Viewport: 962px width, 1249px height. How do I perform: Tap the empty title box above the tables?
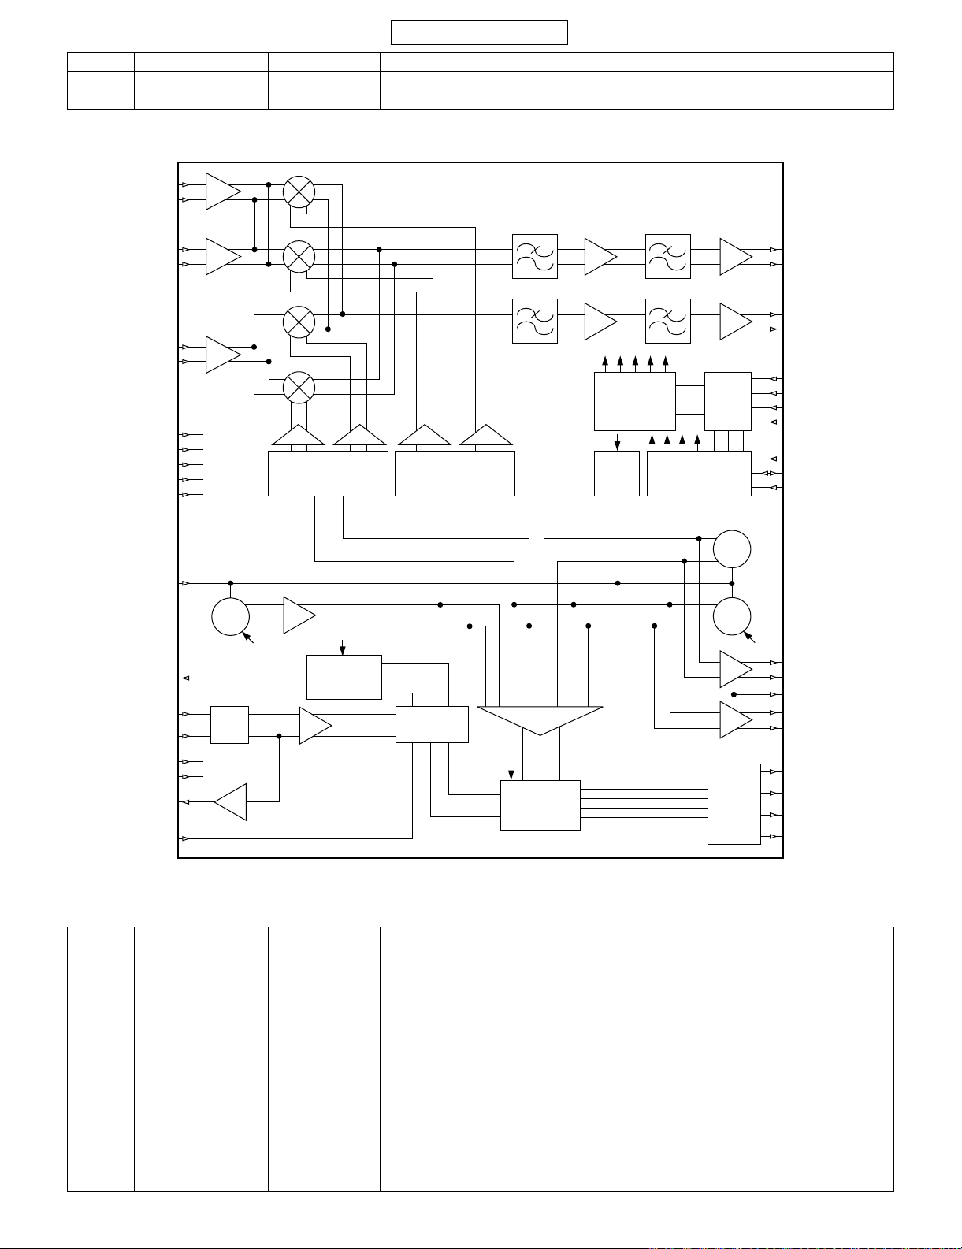coord(479,33)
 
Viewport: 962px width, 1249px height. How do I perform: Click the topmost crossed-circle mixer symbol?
coord(299,191)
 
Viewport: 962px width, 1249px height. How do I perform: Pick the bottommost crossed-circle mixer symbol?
coord(299,387)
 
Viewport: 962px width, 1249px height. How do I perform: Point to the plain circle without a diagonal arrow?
coord(732,549)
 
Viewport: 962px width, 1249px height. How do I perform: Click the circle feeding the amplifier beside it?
coord(231,616)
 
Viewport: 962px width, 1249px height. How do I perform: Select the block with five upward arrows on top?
coord(634,401)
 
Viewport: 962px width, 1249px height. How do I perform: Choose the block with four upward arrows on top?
coord(699,474)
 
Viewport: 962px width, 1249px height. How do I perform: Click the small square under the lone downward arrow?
coord(616,474)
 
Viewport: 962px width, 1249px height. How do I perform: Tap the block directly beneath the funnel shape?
coord(540,805)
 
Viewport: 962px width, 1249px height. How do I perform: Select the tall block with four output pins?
coord(734,804)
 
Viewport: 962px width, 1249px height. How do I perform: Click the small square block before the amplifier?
coord(229,725)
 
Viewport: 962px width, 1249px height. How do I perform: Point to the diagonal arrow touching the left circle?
coord(250,638)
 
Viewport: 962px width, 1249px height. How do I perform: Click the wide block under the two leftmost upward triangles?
coord(328,474)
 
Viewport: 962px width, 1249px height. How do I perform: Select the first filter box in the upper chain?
coord(535,256)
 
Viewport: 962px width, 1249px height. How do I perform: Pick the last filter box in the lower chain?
coord(668,321)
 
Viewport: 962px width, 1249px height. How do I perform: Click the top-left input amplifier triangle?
coord(222,191)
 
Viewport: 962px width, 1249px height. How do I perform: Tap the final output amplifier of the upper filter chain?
coord(735,256)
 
